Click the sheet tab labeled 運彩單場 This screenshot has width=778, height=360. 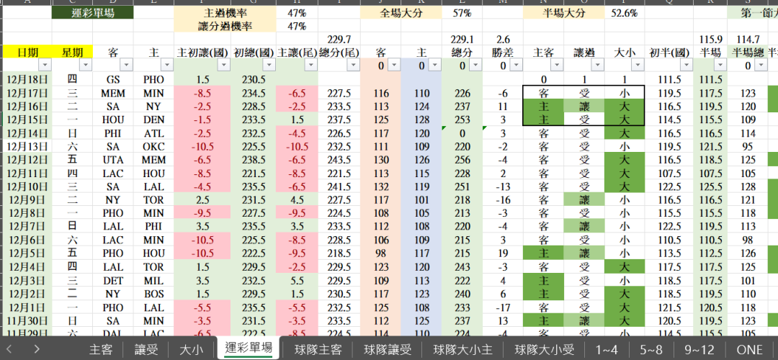click(x=249, y=348)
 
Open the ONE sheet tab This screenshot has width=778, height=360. click(x=749, y=349)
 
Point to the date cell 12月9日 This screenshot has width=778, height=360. click(x=26, y=200)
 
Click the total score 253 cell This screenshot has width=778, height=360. click(x=462, y=120)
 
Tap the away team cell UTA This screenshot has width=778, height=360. click(x=113, y=160)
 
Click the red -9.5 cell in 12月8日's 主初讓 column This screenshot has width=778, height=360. click(x=202, y=213)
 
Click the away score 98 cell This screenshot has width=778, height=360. click(x=381, y=253)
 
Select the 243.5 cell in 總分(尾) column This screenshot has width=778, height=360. click(x=339, y=160)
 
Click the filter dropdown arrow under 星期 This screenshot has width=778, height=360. click(x=86, y=66)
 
